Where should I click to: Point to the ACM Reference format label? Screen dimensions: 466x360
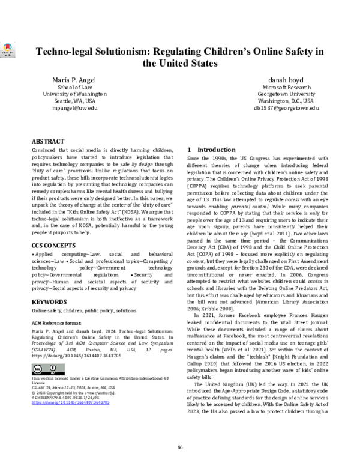[x=58, y=322]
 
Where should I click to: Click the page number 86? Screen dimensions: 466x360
[x=179, y=446]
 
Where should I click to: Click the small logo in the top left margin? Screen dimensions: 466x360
[x=6, y=49]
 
